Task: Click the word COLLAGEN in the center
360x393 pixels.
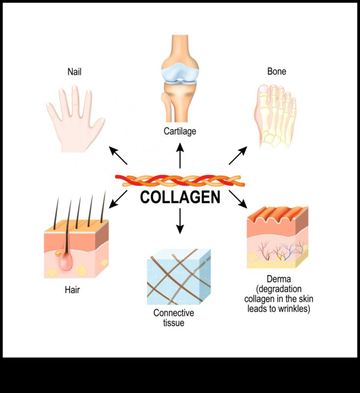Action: pos(180,197)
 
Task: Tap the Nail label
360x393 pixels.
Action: pos(75,72)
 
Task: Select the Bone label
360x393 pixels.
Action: pos(277,72)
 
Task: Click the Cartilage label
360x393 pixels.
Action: pos(180,131)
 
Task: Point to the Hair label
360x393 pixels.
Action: pos(72,289)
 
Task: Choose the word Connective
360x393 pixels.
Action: pos(173,313)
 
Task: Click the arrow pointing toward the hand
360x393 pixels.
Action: pos(118,156)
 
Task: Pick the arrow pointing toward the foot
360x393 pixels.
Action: pos(238,156)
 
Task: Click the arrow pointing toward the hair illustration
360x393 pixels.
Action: pos(118,199)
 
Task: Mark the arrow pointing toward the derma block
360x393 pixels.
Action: pos(238,198)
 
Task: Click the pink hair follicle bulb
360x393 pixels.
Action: pos(66,262)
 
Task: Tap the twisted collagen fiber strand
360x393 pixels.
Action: pos(180,180)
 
